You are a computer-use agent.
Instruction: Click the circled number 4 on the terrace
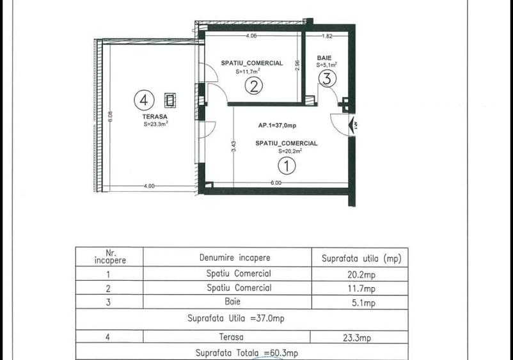point(144,100)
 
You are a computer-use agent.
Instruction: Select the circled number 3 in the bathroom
point(326,79)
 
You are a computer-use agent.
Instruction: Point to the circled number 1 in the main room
point(287,166)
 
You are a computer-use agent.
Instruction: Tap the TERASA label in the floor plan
point(155,117)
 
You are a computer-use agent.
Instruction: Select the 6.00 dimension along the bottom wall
point(275,183)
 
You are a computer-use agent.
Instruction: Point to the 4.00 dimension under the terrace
point(148,186)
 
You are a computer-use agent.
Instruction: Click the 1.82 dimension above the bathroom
point(326,36)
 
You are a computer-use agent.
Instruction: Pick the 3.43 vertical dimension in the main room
point(234,146)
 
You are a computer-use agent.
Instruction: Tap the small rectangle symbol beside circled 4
point(171,99)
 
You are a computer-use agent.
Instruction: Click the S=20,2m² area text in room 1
point(289,152)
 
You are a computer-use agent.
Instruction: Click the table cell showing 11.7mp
point(361,288)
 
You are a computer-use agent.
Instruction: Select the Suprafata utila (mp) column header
point(361,258)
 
